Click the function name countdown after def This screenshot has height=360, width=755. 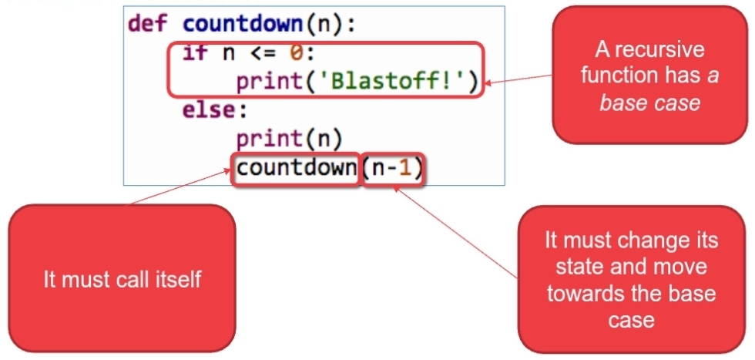242,23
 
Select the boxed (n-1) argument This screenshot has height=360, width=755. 393,168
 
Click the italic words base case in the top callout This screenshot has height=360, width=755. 649,103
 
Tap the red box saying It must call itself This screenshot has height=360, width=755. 122,278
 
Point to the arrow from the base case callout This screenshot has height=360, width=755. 520,78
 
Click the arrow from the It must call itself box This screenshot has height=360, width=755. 182,187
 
